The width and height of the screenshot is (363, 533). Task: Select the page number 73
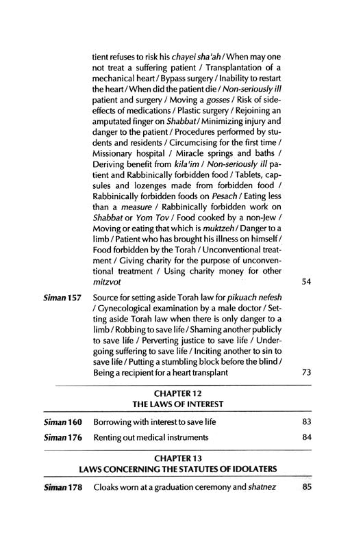[306, 373]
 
